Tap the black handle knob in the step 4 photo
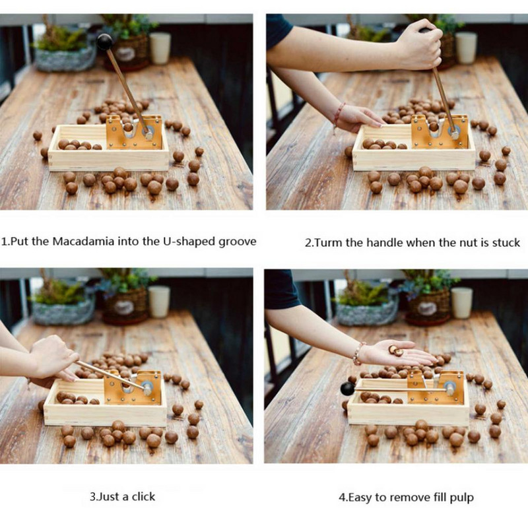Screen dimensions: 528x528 [348, 389]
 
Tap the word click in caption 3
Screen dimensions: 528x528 [143, 497]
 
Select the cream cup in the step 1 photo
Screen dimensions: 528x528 [160, 48]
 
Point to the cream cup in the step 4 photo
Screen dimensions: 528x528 [461, 302]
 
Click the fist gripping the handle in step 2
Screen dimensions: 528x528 [420, 49]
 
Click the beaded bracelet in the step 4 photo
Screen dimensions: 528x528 [358, 354]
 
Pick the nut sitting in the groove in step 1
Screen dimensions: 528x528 [127, 127]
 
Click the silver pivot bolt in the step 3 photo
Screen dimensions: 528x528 [147, 388]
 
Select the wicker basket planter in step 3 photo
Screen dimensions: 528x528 [125, 306]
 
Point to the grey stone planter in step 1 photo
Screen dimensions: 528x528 [65, 58]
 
